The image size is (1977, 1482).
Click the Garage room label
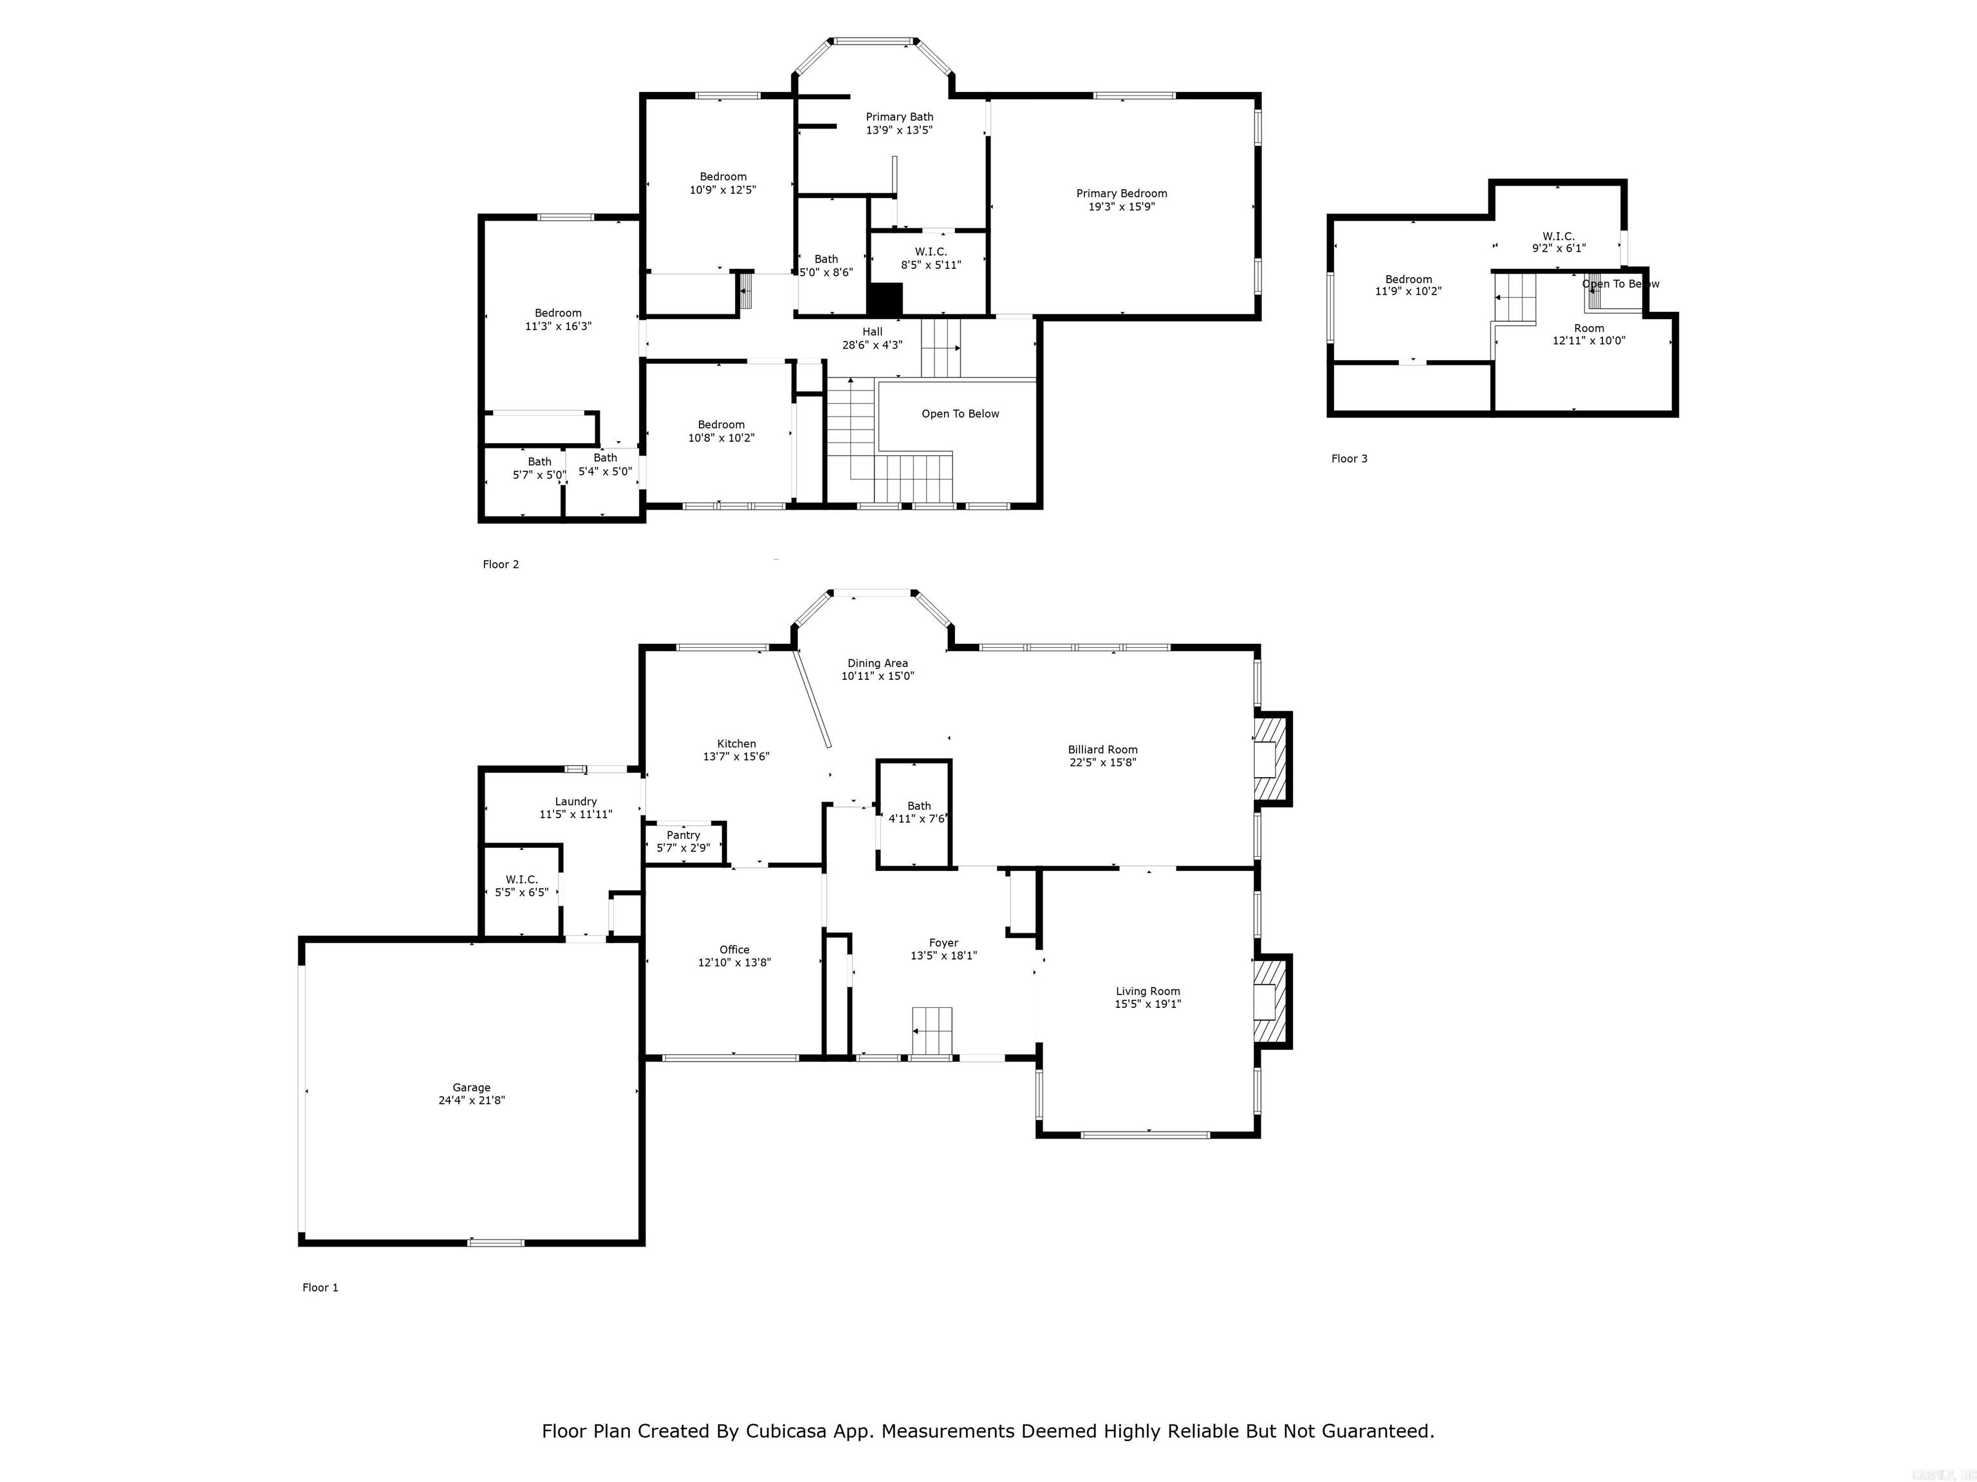[471, 1087]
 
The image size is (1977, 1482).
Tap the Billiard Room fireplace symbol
[1270, 758]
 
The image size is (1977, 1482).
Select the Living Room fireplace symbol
[1270, 1000]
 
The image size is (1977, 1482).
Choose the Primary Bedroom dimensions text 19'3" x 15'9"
[1121, 206]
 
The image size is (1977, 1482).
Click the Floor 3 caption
[1349, 458]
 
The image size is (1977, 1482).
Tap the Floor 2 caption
[501, 563]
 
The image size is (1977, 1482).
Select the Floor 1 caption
[320, 1287]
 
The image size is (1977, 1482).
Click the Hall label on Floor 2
[872, 331]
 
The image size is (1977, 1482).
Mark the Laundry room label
[575, 801]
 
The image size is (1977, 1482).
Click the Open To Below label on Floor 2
[960, 414]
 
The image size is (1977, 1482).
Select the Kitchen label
[736, 743]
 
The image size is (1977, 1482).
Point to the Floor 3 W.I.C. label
[1558, 236]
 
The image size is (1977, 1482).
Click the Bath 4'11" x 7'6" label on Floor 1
[919, 806]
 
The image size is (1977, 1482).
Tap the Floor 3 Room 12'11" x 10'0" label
[1588, 328]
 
